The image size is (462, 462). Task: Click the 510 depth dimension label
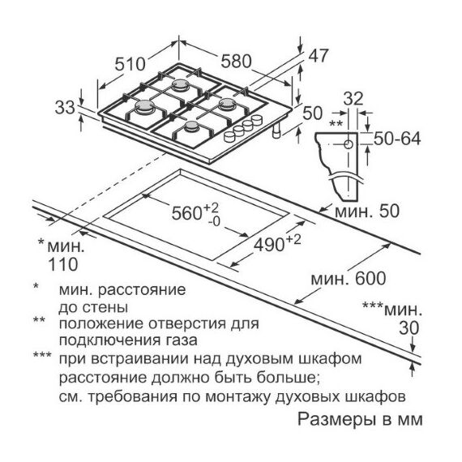click(130, 64)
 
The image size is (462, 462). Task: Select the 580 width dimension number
click(237, 62)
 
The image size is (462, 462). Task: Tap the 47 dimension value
click(318, 56)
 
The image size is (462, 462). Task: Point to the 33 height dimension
click(65, 107)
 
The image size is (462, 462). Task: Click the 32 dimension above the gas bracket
click(353, 98)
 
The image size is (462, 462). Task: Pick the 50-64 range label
click(397, 139)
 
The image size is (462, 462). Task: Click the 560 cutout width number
click(186, 213)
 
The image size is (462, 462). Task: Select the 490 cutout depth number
click(269, 245)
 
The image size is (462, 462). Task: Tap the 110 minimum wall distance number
click(62, 264)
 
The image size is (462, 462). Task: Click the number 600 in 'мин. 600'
click(370, 279)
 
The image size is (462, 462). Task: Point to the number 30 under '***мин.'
click(409, 327)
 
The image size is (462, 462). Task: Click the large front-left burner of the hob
click(144, 107)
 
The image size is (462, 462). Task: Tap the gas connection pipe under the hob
click(276, 130)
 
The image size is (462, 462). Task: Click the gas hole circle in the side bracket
click(349, 144)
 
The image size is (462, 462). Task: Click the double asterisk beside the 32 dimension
click(336, 123)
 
